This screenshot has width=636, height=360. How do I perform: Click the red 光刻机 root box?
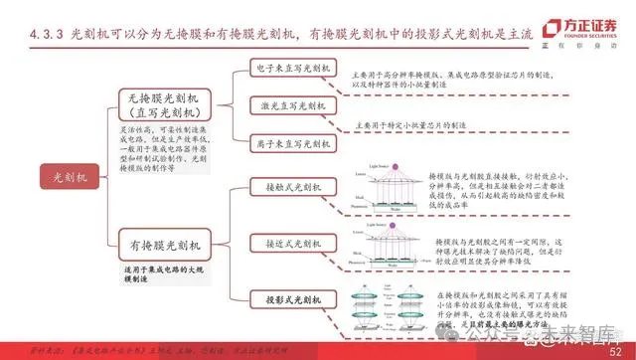49,178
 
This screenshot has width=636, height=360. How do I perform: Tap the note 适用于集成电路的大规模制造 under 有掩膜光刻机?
159,277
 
